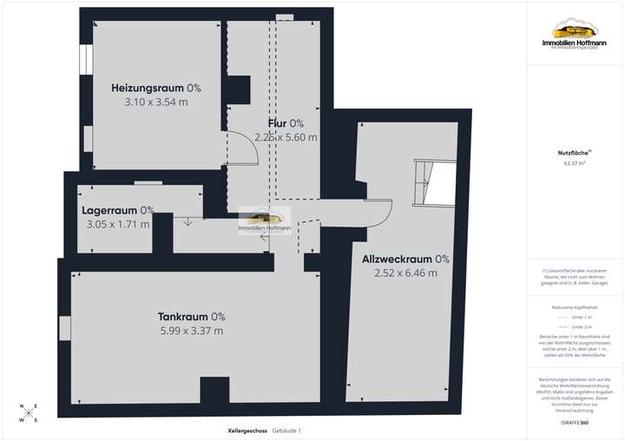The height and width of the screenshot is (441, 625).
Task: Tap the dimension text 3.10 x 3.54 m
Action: pyautogui.click(x=156, y=102)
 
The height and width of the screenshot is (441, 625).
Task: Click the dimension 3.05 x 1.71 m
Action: pyautogui.click(x=118, y=224)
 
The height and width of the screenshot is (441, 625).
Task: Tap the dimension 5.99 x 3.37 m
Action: pyautogui.click(x=192, y=331)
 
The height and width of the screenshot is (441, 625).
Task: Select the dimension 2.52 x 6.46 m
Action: pyautogui.click(x=400, y=273)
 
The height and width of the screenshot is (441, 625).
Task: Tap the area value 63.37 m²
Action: pyautogui.click(x=574, y=163)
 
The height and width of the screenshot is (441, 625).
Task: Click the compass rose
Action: pyautogui.click(x=30, y=414)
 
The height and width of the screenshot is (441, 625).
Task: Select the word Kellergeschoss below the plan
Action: pyautogui.click(x=246, y=431)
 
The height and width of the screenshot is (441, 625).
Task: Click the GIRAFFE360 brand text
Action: pyautogui.click(x=574, y=422)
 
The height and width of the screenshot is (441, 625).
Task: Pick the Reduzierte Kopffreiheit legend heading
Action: pyautogui.click(x=574, y=307)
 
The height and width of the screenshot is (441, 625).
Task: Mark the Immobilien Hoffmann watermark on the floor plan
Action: pyautogui.click(x=265, y=221)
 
